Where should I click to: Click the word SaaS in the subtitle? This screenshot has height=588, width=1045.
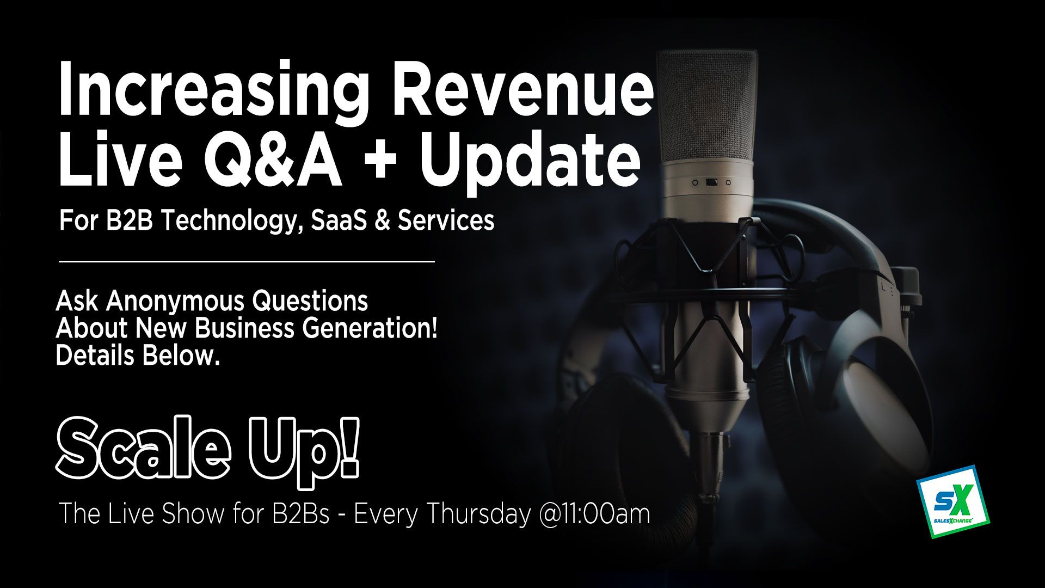click(339, 220)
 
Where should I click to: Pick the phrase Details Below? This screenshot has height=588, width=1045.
click(138, 356)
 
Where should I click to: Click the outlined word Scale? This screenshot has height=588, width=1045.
click(143, 446)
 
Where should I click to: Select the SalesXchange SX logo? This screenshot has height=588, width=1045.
click(953, 501)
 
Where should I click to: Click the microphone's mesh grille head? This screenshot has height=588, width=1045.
click(706, 106)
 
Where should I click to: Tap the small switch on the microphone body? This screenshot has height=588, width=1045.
click(711, 182)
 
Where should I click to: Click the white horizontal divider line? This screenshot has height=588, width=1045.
click(247, 262)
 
